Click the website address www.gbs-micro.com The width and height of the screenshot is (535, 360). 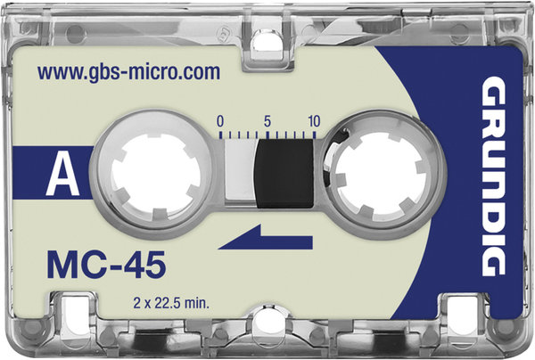(128, 73)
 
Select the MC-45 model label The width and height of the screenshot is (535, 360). (106, 265)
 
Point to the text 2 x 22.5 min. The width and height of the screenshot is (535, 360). (171, 303)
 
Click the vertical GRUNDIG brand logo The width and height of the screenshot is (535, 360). (493, 176)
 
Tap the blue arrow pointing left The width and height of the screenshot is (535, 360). (266, 237)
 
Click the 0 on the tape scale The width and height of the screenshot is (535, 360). (220, 121)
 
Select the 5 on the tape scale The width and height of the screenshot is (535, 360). (267, 121)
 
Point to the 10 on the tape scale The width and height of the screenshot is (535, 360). (314, 121)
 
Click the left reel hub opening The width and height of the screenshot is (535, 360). (155, 175)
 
